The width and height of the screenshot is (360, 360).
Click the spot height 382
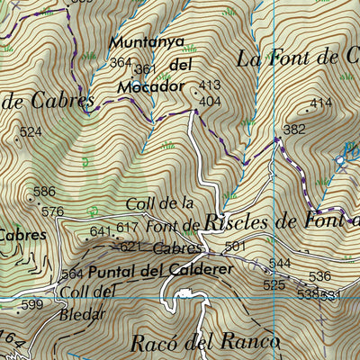coord(294,130)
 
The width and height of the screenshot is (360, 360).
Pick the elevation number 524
coord(31,132)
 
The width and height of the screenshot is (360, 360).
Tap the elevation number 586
coord(44,192)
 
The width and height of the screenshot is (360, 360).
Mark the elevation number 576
coord(53,211)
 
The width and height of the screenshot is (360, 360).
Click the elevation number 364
coord(121,63)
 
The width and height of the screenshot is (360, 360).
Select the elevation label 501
coord(236,246)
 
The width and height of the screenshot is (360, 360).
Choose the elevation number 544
coord(279,263)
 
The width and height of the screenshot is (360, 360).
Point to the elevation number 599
coord(32,305)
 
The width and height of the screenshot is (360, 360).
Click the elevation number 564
coord(73,274)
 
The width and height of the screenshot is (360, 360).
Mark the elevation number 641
coord(100,231)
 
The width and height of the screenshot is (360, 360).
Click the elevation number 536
coord(319,276)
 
